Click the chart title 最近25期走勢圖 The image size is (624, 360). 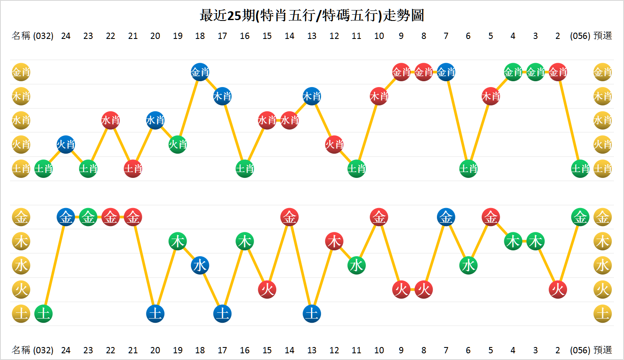tap(312, 15)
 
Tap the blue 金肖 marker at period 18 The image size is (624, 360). tap(200, 72)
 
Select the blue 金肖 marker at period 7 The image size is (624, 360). tap(446, 72)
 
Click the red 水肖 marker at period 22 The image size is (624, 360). tap(110, 121)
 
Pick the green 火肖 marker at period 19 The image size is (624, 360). tap(177, 144)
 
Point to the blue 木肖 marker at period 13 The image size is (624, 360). tap(312, 96)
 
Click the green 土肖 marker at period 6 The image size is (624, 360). tap(468, 169)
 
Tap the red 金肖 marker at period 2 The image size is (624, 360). tap(558, 72)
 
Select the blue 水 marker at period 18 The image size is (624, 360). tap(200, 265)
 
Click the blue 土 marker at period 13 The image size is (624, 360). tap(312, 314)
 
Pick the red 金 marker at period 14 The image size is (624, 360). tap(290, 217)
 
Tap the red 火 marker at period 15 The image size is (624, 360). tap(267, 289)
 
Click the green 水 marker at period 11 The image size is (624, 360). tap(357, 265)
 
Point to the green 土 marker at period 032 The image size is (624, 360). tap(44, 314)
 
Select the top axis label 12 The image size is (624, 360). tap(334, 36)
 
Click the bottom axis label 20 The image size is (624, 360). tap(155, 350)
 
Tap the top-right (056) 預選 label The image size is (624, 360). tap(591, 36)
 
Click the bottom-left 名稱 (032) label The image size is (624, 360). tap(33, 350)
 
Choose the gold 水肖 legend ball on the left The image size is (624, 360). tap(21, 121)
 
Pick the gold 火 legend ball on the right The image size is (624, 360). tap(603, 289)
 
